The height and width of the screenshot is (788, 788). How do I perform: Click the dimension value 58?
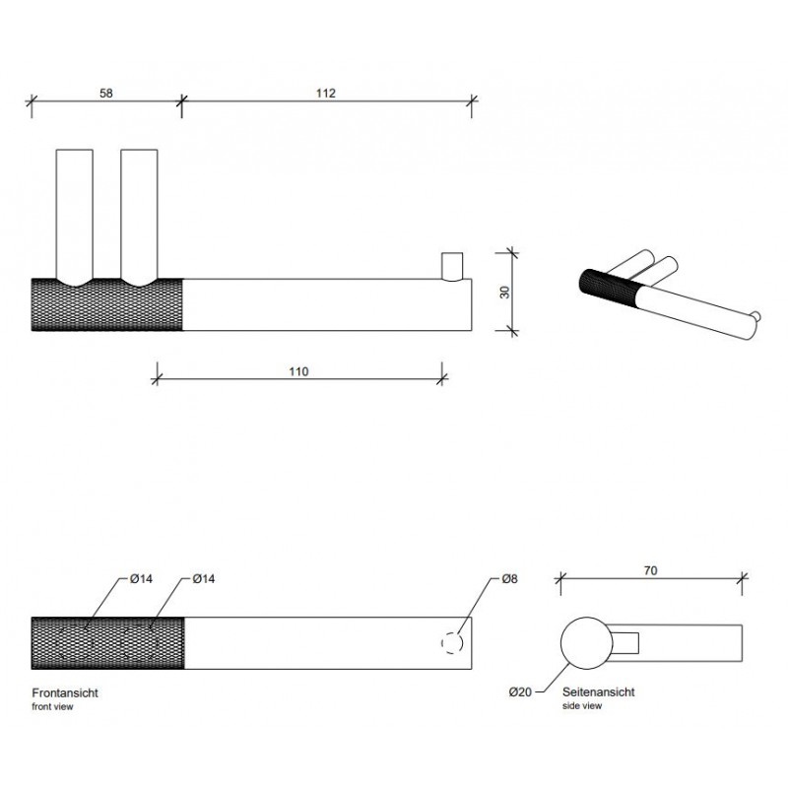[106, 93]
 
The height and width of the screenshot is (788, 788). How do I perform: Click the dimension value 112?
[326, 93]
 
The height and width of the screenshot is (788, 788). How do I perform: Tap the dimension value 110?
[298, 371]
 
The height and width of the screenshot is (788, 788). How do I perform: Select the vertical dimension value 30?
[504, 292]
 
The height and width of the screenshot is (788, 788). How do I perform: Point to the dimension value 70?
[650, 570]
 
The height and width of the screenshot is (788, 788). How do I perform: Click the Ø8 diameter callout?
[509, 579]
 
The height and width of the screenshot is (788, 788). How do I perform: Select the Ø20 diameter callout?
[520, 692]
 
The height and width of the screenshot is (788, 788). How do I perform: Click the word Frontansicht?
[65, 693]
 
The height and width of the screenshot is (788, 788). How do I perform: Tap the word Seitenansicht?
[599, 692]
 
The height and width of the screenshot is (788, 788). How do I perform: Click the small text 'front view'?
[52, 706]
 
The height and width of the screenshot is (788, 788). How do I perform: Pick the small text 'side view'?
[582, 705]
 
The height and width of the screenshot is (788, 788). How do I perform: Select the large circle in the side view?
[586, 618]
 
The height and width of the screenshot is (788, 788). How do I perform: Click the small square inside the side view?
[625, 643]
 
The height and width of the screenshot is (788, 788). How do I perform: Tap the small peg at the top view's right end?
[452, 267]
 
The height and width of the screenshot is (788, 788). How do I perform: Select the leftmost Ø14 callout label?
[141, 579]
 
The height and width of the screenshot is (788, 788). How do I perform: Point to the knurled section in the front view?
[107, 643]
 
